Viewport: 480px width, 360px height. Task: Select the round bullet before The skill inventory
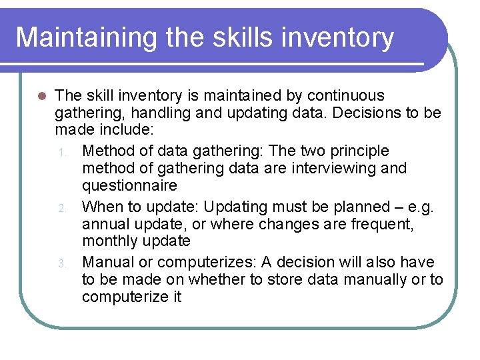[41, 96]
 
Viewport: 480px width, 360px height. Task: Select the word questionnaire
[130, 185]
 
